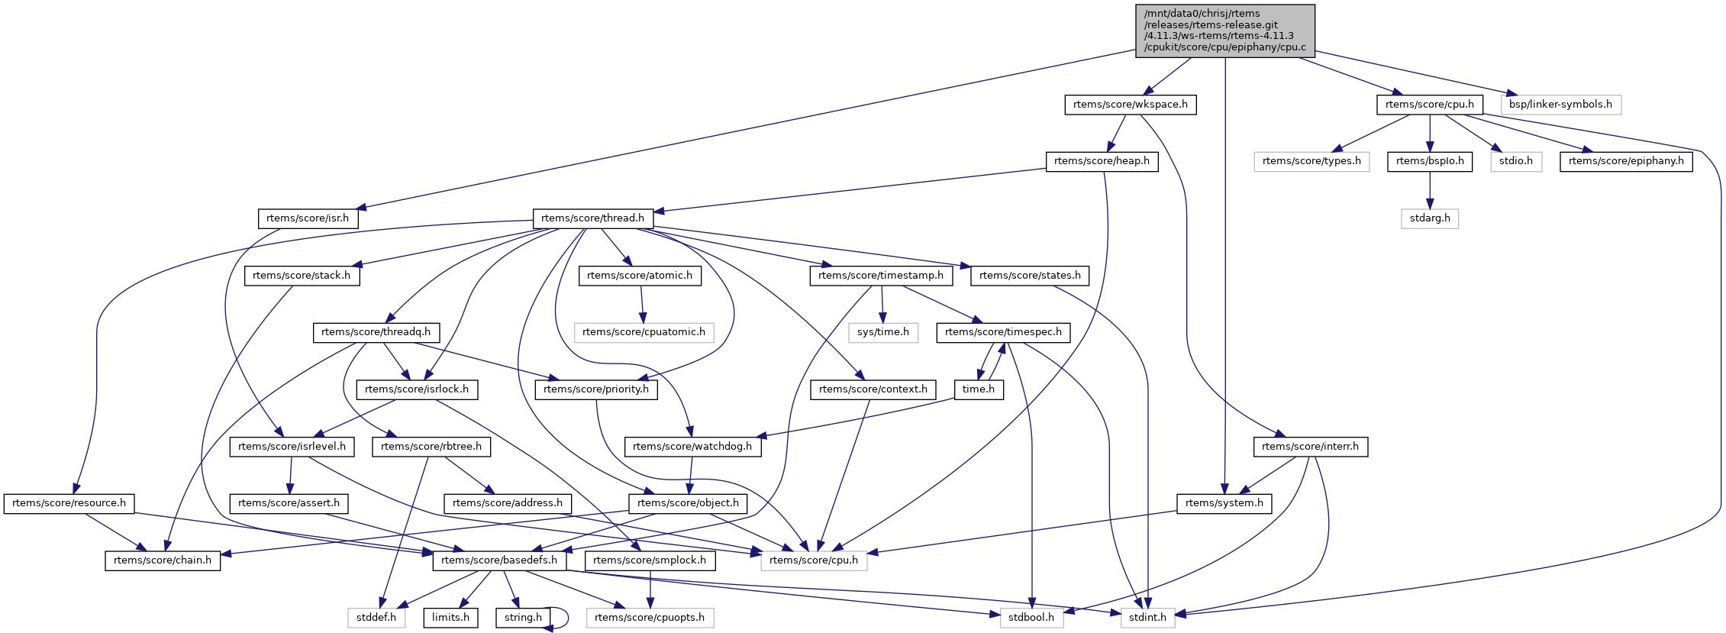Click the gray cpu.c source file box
pyautogui.click(x=1225, y=31)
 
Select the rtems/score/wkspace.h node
pyautogui.click(x=1130, y=105)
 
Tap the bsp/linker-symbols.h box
pyautogui.click(x=1560, y=105)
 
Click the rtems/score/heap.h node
pyautogui.click(x=1102, y=161)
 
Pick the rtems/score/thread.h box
pyautogui.click(x=592, y=218)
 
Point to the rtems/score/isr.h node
pyautogui.click(x=308, y=218)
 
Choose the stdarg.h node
pyautogui.click(x=1430, y=218)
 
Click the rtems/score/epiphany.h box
pyautogui.click(x=1626, y=161)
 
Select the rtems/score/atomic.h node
pyautogui.click(x=640, y=276)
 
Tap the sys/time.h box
pyautogui.click(x=883, y=332)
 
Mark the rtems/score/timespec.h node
pyautogui.click(x=1003, y=332)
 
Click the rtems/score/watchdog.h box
pyautogui.click(x=692, y=447)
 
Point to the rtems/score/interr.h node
pyautogui.click(x=1310, y=447)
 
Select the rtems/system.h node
pyautogui.click(x=1224, y=503)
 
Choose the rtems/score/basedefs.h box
pyautogui.click(x=499, y=560)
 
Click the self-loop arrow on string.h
pyautogui.click(x=567, y=617)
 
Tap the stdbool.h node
pyautogui.click(x=1031, y=618)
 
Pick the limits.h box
pyautogui.click(x=450, y=618)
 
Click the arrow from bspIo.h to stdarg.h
pyautogui.click(x=1430, y=189)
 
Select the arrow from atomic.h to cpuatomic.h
pyautogui.click(x=642, y=304)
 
